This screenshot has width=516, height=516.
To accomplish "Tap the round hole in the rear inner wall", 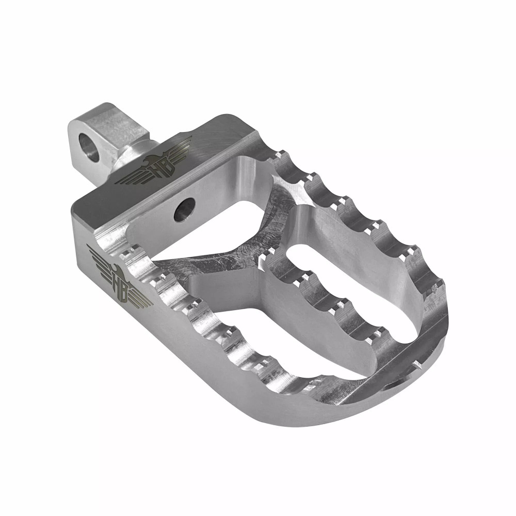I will (x=184, y=211).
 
